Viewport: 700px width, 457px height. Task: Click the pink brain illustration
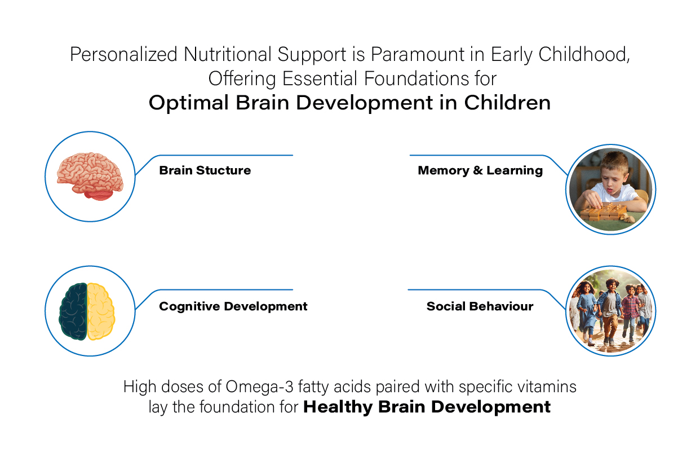coord(90,176)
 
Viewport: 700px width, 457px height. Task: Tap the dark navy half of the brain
coord(73,311)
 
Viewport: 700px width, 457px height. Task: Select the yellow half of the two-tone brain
coord(101,311)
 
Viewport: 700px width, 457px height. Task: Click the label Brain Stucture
coord(205,170)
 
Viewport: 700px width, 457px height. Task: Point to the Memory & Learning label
coord(480,170)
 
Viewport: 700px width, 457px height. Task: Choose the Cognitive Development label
coord(233,306)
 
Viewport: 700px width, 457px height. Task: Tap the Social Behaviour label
coord(480,306)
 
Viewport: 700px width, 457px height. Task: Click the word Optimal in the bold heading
coord(189,103)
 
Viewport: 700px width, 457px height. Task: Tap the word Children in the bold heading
coord(507,103)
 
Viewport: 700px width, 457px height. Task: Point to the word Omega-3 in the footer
coord(259,387)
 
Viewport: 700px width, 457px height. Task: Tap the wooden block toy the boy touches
coord(603,213)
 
